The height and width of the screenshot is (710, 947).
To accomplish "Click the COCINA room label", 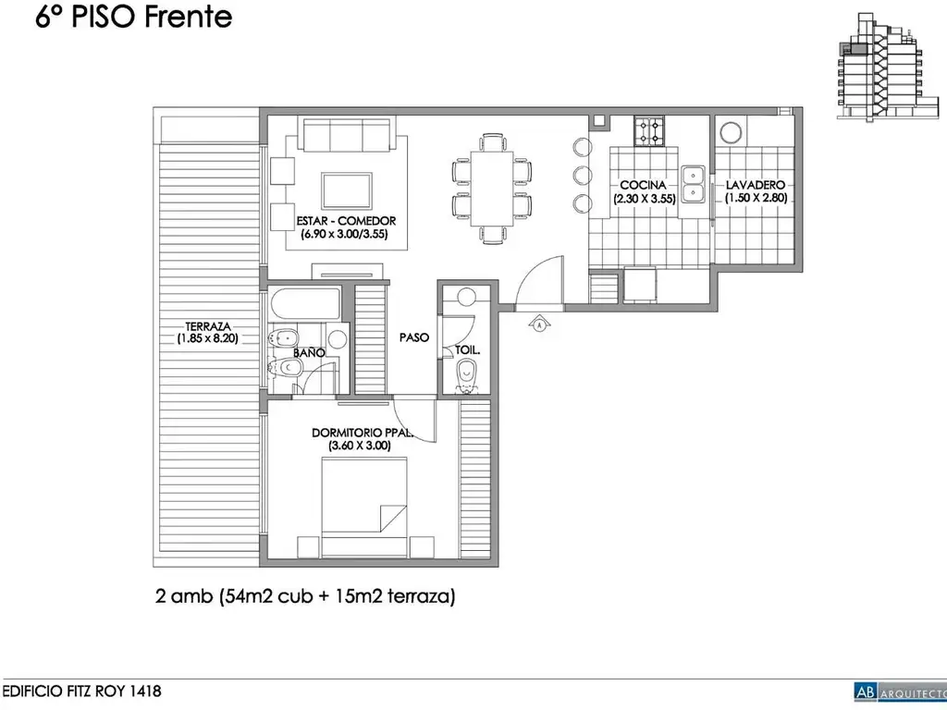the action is point(643,185).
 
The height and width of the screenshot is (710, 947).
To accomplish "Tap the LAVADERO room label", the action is point(755,185).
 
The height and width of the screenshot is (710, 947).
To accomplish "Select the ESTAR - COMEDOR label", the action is point(346,221).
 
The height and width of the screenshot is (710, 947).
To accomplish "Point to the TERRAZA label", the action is point(208,326).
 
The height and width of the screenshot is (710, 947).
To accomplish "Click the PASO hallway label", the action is point(414,337).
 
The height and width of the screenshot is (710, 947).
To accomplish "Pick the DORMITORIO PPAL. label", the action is point(363,433).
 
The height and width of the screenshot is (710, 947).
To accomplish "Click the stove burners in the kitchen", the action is point(648,131).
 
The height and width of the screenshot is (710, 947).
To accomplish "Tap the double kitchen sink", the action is point(694,184).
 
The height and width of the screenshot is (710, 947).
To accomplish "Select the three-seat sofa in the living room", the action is point(346,135).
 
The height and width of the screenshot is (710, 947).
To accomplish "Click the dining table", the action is point(492,189).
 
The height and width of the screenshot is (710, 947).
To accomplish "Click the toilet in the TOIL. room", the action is point(466,375).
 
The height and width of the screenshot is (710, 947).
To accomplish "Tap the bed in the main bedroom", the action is point(363,508).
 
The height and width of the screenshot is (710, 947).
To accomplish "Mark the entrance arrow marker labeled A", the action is point(539,324).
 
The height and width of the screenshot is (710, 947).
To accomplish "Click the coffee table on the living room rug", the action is point(347,190).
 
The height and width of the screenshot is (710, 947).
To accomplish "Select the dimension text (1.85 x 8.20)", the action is point(208,338).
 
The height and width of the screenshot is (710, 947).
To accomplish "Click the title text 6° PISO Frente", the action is point(133,17).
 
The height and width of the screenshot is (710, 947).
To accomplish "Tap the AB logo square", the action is point(865,692).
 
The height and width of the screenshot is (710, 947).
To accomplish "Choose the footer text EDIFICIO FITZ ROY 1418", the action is point(81,691).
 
